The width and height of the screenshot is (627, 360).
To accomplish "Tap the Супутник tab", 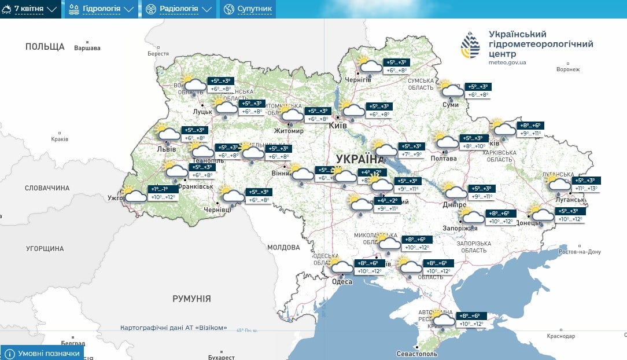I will pos(248,9).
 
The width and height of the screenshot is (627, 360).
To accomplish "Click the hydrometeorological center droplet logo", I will pos(470,46).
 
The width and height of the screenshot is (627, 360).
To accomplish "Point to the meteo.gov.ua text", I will pos(507,62).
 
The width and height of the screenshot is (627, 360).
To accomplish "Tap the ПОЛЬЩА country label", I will pos(45,46).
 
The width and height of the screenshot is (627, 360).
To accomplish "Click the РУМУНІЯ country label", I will pos(191,299).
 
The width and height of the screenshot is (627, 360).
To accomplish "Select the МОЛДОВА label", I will pos(283,247).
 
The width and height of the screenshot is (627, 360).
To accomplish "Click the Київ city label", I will pos(337,125).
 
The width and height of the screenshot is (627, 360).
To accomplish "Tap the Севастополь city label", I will pos(417,354).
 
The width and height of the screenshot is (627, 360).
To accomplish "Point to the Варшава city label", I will pos(87,48).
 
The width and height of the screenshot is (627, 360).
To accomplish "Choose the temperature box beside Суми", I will pos(478,90).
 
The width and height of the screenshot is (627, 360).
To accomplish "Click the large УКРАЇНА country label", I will pos(359,159).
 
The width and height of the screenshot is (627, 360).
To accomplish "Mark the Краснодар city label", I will pos(560,336).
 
